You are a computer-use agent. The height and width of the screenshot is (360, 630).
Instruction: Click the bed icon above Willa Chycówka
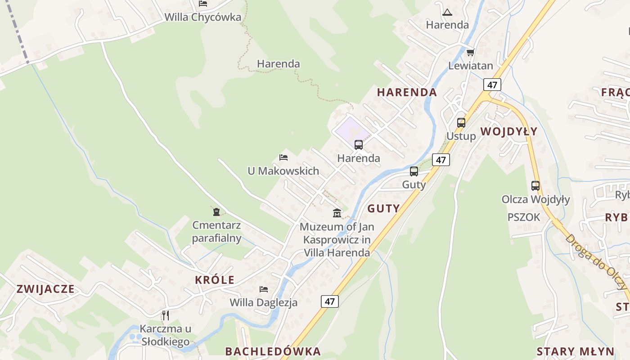203,4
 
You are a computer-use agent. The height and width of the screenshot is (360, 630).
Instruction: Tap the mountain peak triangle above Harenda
447,12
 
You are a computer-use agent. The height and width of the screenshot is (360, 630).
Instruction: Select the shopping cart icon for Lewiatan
470,53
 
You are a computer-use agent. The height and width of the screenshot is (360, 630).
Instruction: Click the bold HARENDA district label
407,92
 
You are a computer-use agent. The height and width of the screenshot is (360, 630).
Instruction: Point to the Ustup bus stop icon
461,123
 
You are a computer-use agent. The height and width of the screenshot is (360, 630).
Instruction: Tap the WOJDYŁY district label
509,131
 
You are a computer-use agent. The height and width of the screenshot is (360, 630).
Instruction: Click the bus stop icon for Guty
414,171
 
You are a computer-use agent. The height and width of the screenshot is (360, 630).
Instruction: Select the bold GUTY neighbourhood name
383,208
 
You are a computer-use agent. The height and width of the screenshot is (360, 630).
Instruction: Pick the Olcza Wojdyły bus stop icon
535,186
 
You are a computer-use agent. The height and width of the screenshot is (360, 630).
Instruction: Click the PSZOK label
524,217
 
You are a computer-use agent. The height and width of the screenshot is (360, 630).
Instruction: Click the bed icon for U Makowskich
283,157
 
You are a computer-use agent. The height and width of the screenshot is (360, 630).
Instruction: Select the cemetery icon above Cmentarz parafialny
216,211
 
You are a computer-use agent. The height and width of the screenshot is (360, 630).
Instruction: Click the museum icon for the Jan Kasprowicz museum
337,213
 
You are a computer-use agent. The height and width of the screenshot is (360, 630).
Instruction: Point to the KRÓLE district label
215,280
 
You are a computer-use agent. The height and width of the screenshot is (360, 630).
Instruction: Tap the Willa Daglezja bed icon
264,289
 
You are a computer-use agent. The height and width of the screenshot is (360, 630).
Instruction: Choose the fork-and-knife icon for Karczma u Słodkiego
166,315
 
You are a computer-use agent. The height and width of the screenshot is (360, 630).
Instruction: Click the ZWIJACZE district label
45,289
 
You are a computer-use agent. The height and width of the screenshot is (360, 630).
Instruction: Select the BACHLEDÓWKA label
273,351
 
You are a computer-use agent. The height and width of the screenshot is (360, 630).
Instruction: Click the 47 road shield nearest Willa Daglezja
329,301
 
